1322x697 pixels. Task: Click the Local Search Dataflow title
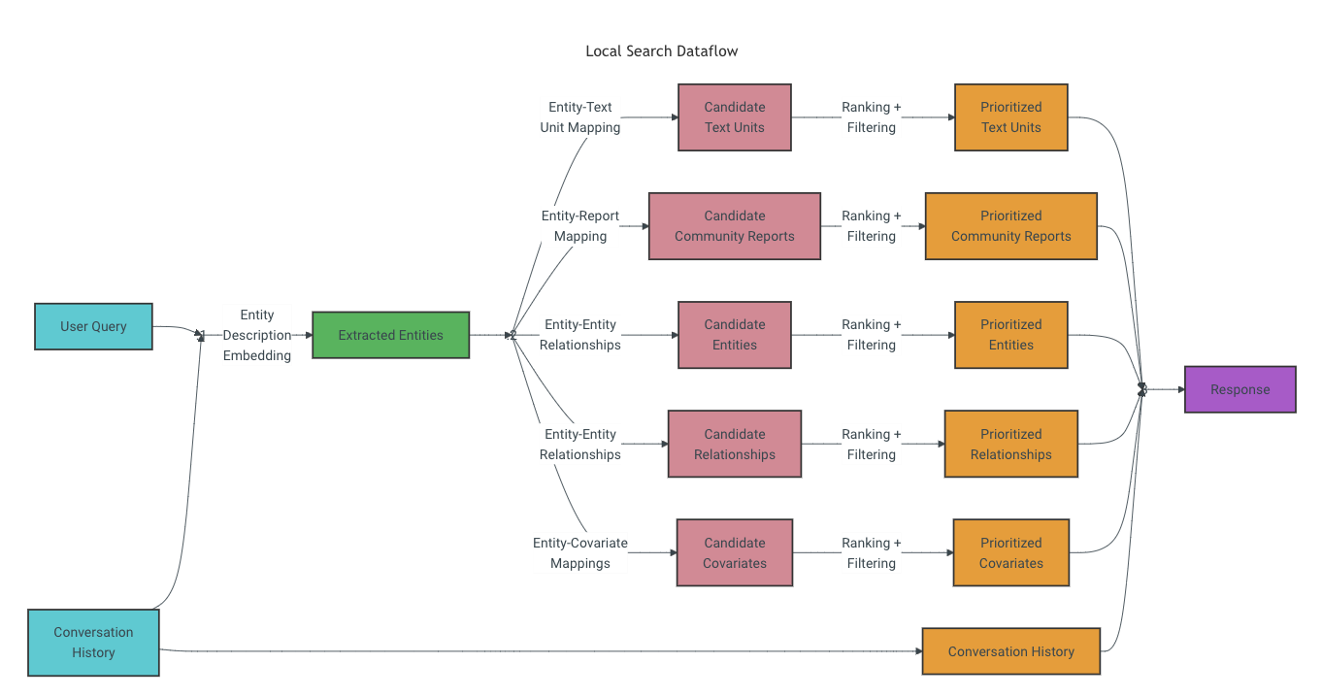(661, 50)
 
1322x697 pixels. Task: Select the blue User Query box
(93, 326)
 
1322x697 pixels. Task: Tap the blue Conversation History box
(93, 643)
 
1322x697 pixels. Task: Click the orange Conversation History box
(1010, 651)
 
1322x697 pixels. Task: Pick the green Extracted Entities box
(390, 335)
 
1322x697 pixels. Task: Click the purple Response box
(1239, 389)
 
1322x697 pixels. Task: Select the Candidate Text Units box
(734, 117)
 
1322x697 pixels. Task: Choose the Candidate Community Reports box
(734, 226)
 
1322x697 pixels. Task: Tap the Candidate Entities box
(734, 335)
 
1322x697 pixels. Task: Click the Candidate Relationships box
(734, 444)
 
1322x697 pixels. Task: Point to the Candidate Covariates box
(734, 552)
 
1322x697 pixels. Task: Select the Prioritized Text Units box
(1010, 117)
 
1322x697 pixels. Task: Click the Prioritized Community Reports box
(1010, 226)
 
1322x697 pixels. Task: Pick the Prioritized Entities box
(1010, 335)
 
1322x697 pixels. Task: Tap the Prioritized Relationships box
(1010, 444)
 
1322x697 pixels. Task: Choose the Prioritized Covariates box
(1010, 552)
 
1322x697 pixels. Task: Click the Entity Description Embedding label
(257, 335)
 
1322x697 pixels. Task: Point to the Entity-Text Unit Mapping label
(579, 117)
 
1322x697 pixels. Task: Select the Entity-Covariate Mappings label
(579, 552)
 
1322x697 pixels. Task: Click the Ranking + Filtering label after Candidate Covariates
(871, 552)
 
